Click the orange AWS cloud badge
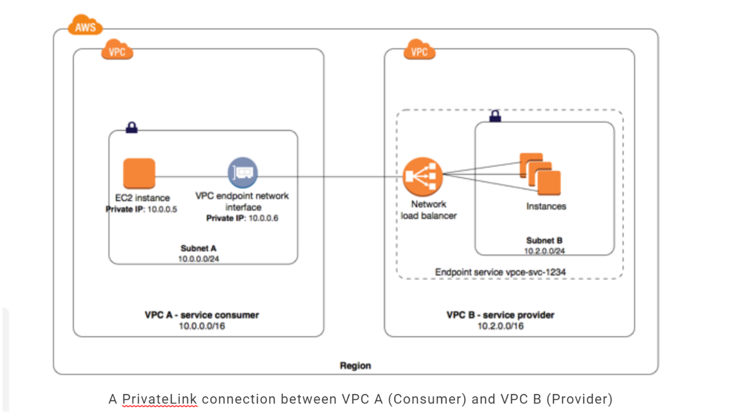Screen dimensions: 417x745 (85, 25)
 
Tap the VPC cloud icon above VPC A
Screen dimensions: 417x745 (117, 50)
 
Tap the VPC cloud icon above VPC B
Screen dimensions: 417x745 (419, 50)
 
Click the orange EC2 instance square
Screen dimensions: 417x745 (139, 173)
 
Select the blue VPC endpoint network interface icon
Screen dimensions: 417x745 (243, 173)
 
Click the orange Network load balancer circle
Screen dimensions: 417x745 (422, 176)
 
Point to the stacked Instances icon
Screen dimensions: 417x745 (540, 174)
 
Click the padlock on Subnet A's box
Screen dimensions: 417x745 (132, 127)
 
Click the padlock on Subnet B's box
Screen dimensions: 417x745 (495, 115)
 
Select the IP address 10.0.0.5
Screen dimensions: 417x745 (162, 209)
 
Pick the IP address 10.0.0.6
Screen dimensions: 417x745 (263, 218)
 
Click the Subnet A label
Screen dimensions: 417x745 (198, 248)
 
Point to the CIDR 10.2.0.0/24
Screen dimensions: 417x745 (544, 251)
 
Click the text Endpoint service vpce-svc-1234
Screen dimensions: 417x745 (500, 272)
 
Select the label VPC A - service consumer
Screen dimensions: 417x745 (202, 315)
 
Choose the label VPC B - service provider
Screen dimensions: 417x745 (500, 315)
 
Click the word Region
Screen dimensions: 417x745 (355, 366)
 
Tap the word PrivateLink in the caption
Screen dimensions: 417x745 (159, 399)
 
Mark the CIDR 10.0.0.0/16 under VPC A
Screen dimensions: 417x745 (202, 326)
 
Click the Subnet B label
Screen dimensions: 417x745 (544, 241)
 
